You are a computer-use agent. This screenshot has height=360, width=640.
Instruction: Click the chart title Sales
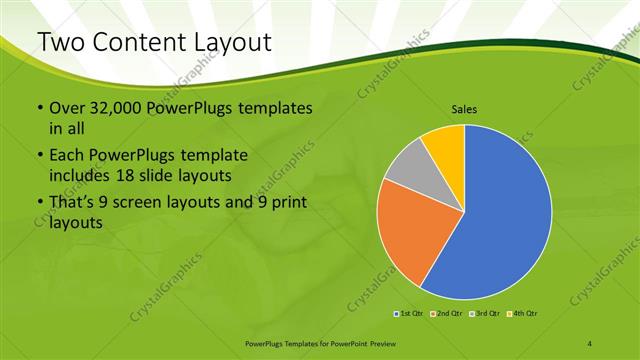point(464,109)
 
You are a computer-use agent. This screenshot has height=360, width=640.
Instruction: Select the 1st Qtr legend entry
point(409,314)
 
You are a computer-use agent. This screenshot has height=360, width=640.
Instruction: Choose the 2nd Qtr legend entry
point(445,314)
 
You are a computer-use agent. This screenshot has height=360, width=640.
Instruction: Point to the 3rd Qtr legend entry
point(482,314)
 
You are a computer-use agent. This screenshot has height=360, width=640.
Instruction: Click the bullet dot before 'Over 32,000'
point(39,108)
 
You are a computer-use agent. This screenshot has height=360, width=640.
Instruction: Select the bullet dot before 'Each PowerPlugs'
point(39,156)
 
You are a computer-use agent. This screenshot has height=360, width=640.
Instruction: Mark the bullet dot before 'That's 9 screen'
point(39,203)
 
